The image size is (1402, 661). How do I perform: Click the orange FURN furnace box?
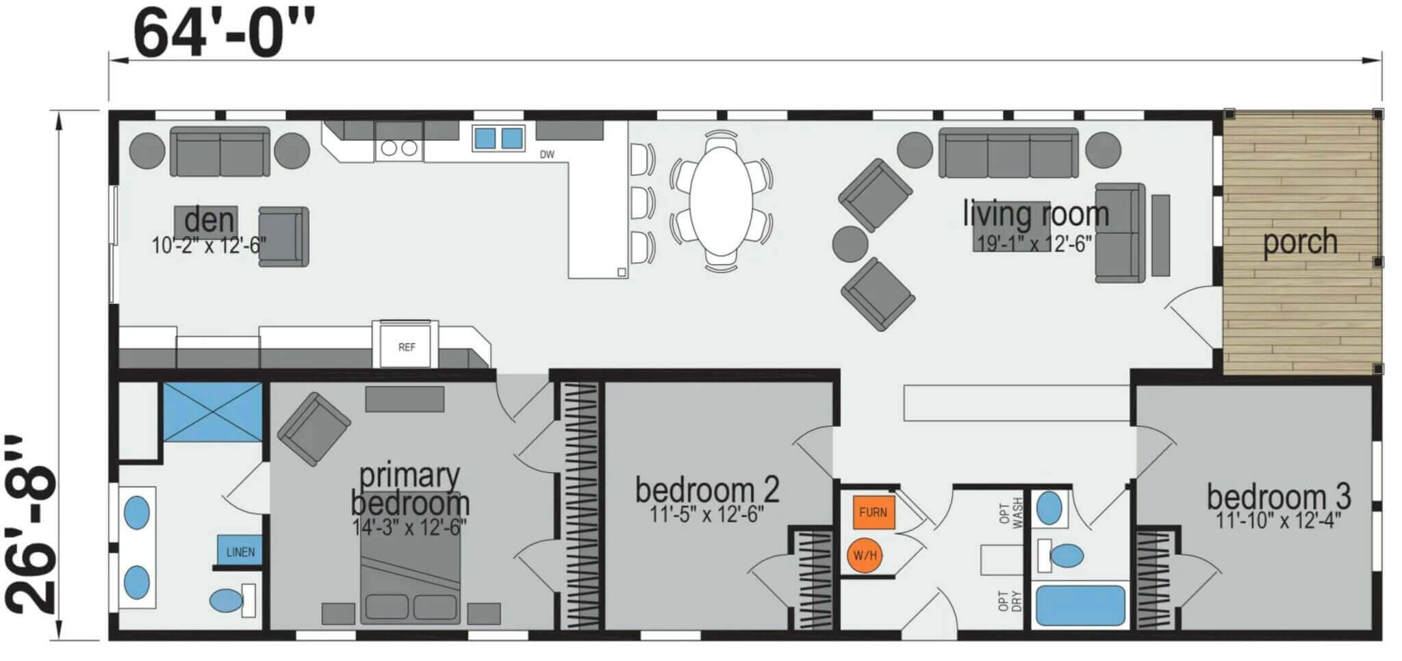pyautogui.click(x=874, y=513)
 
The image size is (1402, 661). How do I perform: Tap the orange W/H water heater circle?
pyautogui.click(x=865, y=556)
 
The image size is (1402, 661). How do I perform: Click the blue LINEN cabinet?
pyautogui.click(x=240, y=552)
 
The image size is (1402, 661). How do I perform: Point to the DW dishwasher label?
pyautogui.click(x=547, y=155)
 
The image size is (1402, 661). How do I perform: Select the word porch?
pyautogui.click(x=1300, y=242)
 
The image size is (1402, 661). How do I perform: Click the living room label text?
pyautogui.click(x=1036, y=213)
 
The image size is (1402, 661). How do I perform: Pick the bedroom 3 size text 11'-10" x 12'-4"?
pyautogui.click(x=1278, y=521)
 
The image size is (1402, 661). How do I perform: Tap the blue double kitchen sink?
pyautogui.click(x=498, y=138)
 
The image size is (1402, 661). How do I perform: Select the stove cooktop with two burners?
pyautogui.click(x=399, y=147)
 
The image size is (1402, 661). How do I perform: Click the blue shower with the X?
pyautogui.click(x=213, y=413)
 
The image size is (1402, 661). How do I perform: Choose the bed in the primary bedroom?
pyautogui.click(x=411, y=557)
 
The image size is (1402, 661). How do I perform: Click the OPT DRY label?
pyautogui.click(x=1010, y=601)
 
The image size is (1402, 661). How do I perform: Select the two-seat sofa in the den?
pyautogui.click(x=220, y=151)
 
